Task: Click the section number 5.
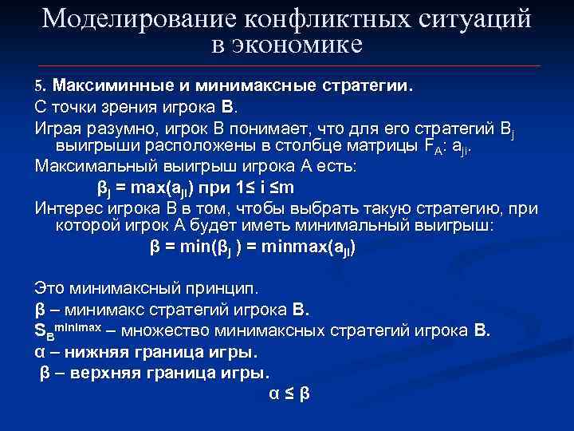point(41,85)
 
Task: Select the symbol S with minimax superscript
point(40,331)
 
